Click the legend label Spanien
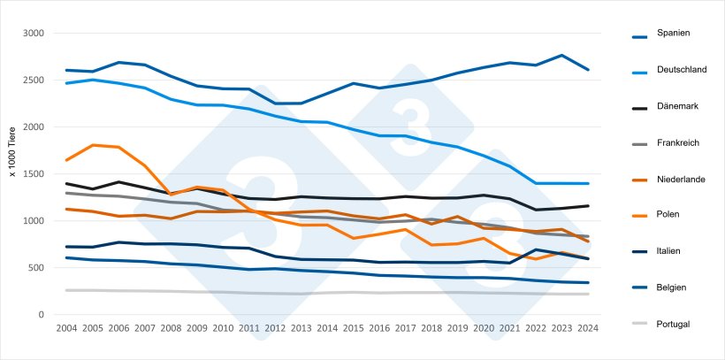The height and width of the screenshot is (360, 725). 673,33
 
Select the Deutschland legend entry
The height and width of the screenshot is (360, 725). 681,69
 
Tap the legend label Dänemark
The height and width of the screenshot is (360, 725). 677,106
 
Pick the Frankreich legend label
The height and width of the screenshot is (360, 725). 679,142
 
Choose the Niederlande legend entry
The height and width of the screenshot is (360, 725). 681,179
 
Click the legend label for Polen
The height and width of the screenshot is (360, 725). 668,215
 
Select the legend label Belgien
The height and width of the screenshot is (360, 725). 671,287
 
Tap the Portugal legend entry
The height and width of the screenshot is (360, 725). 673,324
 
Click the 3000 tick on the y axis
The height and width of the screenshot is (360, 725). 34,34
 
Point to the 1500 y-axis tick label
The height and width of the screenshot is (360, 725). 34,174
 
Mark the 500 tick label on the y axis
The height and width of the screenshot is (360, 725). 37,268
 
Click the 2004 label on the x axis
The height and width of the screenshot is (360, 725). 66,328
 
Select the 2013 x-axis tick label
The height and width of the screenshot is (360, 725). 301,328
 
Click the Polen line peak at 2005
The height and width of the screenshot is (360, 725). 93,145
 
